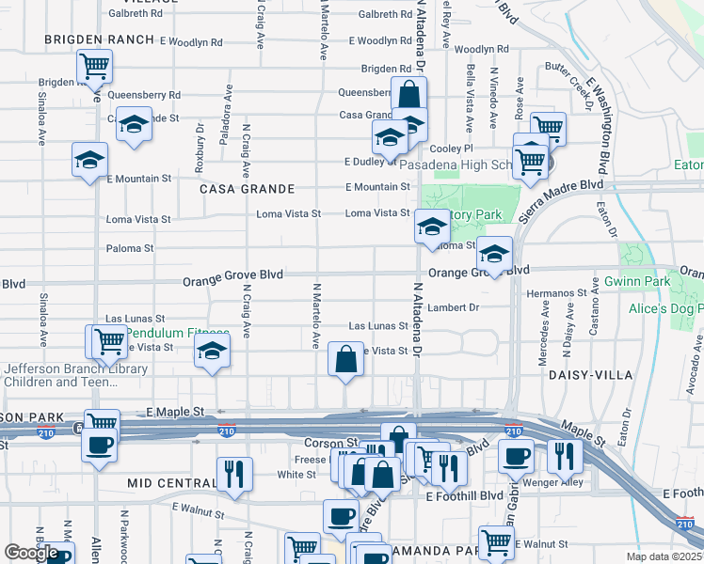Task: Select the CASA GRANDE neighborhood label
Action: click(x=235, y=188)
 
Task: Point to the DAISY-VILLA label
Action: click(x=584, y=374)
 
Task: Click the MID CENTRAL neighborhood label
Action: click(x=166, y=482)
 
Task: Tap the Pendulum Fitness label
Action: click(x=178, y=334)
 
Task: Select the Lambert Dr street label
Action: click(x=454, y=307)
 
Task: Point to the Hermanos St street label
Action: click(x=556, y=293)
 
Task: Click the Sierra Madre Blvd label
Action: click(x=558, y=200)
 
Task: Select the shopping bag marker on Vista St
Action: click(x=346, y=360)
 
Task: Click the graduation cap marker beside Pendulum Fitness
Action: click(x=213, y=353)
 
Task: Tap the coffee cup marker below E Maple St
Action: click(x=100, y=445)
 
